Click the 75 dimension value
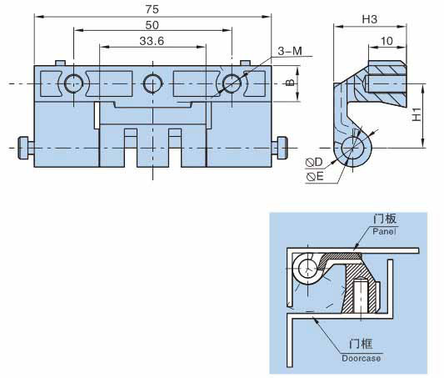[152, 9]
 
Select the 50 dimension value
[152, 25]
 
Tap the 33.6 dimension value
[152, 41]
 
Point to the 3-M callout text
[290, 51]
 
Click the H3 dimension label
[370, 19]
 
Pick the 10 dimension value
[387, 41]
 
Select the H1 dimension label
[417, 114]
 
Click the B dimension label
[289, 83]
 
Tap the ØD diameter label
[314, 163]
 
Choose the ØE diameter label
[315, 177]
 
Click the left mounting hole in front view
[73, 83]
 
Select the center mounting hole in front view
[153, 83]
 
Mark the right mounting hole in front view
[232, 83]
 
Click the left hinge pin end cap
[23, 148]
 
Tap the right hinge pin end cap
[282, 148]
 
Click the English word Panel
[384, 231]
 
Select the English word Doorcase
[361, 358]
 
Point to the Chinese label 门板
[385, 219]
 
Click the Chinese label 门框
[361, 344]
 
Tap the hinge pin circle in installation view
[307, 268]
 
